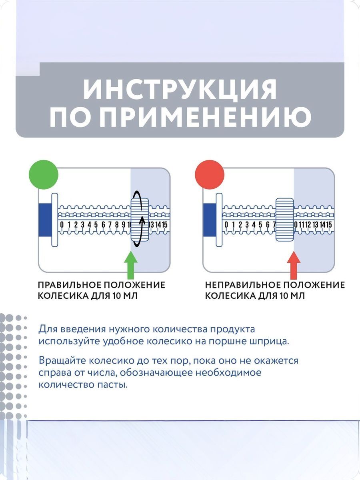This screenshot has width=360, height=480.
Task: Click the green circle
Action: point(44,174)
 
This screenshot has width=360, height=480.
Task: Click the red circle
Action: point(209,174)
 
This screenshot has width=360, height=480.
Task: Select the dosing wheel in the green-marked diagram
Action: point(140,220)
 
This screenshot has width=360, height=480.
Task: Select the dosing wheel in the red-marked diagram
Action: point(284,220)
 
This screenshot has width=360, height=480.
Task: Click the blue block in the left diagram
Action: point(45,220)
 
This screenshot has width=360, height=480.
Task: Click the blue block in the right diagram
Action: point(209,220)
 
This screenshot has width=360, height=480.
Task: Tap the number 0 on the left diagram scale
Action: point(62,225)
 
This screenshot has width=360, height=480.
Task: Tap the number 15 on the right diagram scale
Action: point(329,225)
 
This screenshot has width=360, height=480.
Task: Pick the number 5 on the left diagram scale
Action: point(96,225)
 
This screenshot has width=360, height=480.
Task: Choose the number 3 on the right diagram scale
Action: point(247,225)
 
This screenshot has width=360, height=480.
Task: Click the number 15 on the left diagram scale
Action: point(164,225)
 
